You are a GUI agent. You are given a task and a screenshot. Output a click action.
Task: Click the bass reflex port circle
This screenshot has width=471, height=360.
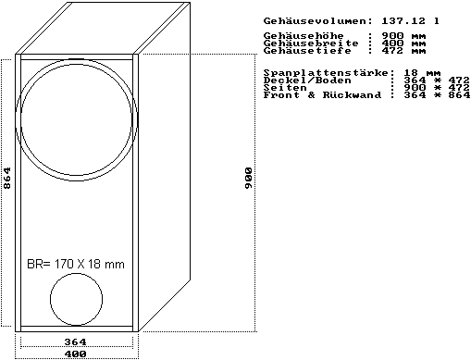(50, 299)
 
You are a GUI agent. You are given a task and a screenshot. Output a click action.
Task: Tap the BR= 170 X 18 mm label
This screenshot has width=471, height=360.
(76, 265)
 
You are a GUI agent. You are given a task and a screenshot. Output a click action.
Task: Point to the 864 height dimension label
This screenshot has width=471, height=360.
(6, 178)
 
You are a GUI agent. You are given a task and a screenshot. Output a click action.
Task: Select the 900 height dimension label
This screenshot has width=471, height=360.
(248, 179)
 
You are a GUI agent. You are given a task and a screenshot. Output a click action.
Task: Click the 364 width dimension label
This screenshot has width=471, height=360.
(75, 341)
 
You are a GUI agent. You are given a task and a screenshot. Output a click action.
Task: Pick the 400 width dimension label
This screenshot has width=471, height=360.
(75, 354)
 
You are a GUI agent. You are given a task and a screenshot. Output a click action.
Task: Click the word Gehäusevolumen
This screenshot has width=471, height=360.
(315, 21)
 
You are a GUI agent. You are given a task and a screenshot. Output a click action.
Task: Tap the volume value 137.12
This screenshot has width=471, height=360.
(403, 21)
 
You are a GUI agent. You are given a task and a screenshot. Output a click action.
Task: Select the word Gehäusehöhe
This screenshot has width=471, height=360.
(304, 35)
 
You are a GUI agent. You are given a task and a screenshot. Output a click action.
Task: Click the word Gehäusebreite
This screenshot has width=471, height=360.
(311, 43)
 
